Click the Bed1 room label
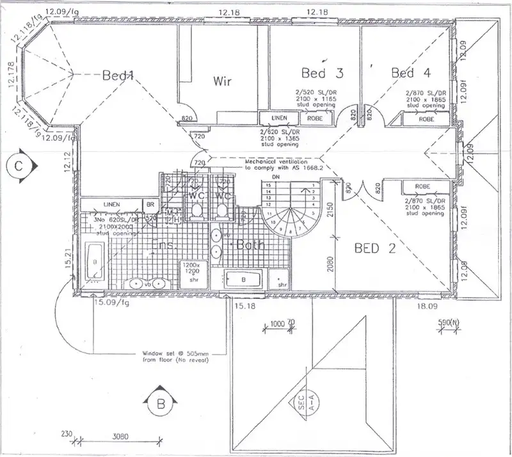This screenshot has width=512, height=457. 117,76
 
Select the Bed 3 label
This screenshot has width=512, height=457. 322,72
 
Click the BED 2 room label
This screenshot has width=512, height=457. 375,248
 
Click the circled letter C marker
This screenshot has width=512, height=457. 19,165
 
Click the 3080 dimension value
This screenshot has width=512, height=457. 121,438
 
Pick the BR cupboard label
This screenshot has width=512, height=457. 150,205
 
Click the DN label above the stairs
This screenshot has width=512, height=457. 276,177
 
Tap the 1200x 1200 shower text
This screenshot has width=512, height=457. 192,268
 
